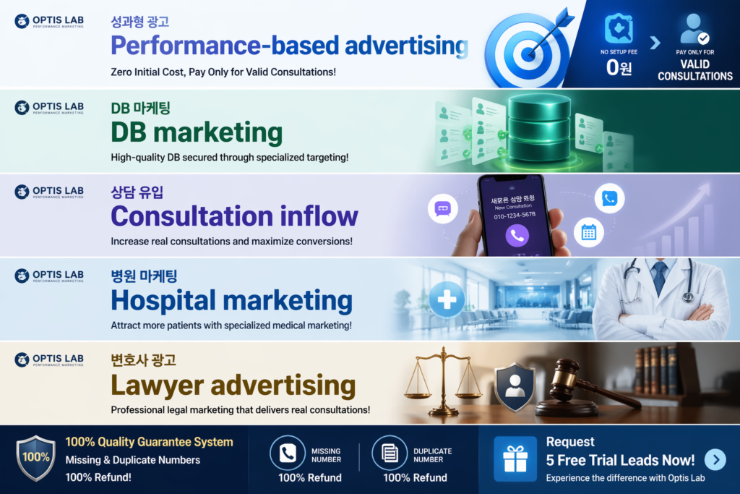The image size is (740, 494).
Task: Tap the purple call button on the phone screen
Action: coord(517,234)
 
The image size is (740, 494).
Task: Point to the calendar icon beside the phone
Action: coord(588,231)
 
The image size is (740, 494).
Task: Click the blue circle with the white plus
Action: coord(447,299)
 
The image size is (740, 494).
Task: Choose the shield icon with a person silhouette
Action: coord(515,386)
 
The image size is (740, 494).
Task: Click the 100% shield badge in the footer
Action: coord(35,458)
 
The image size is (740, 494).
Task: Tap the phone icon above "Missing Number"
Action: coord(288,453)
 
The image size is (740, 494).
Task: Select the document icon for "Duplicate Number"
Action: coord(390,453)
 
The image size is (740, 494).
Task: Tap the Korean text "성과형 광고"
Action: coord(140,22)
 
